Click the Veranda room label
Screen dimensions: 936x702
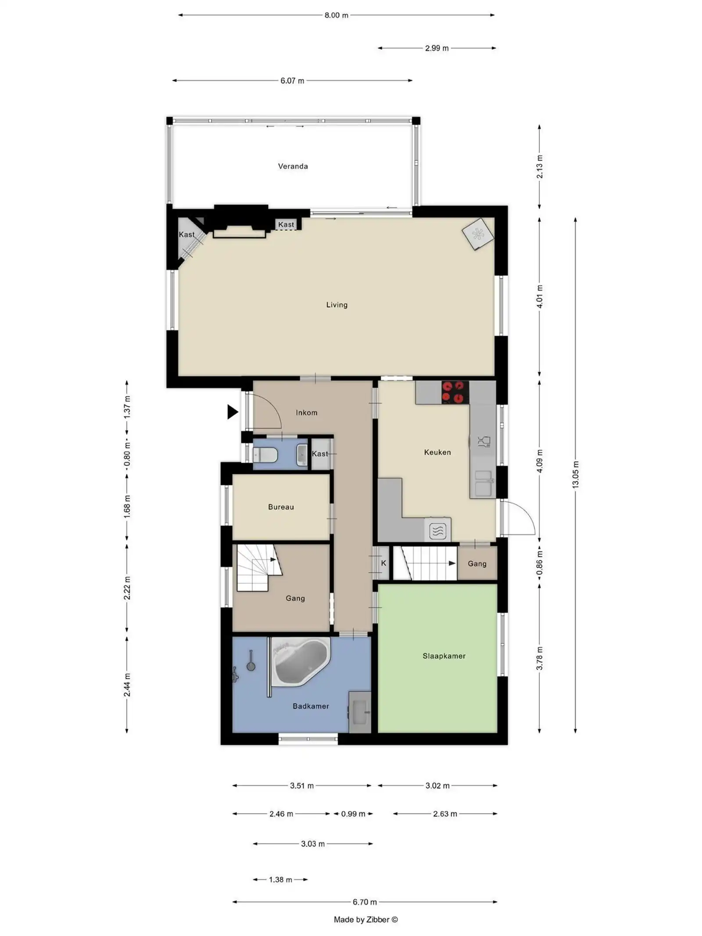(x=293, y=166)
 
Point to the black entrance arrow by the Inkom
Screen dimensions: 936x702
(x=232, y=412)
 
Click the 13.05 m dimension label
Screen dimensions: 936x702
(x=575, y=474)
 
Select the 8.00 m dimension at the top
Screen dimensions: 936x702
(x=336, y=15)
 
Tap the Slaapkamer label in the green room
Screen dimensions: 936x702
(x=444, y=656)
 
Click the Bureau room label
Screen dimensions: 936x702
(x=281, y=507)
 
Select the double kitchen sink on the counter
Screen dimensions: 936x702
(x=483, y=482)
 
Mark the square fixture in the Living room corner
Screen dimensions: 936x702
(x=477, y=234)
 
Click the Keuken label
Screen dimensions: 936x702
(x=437, y=452)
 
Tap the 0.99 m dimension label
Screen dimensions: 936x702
(x=353, y=814)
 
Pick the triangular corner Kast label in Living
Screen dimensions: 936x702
(x=186, y=235)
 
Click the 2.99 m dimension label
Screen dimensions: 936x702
(x=437, y=48)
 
